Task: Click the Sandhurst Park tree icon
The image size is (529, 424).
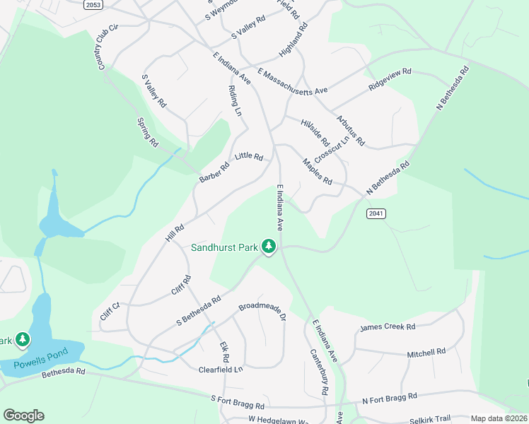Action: [x=268, y=247]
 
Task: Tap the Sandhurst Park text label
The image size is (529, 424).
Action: [x=224, y=247]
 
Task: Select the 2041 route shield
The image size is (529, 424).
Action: [x=376, y=213]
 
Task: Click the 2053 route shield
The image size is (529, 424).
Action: [x=93, y=5]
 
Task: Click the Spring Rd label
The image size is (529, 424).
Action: [x=149, y=132]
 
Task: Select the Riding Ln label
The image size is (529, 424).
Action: [x=235, y=101]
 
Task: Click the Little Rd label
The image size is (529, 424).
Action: [x=249, y=156]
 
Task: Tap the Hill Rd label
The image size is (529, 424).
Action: [x=175, y=233]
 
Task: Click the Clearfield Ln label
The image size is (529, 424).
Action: [x=220, y=369]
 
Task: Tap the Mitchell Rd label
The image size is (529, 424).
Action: [x=426, y=351]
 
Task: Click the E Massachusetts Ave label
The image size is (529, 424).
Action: [x=293, y=82]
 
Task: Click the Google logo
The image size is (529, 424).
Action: [x=23, y=416]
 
